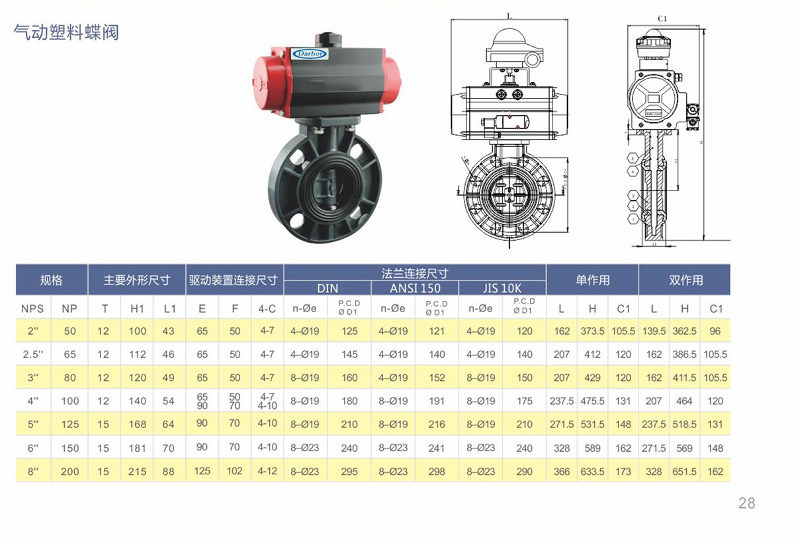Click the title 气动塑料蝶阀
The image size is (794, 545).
(66, 32)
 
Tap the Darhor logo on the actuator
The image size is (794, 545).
(310, 54)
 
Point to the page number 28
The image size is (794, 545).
(746, 503)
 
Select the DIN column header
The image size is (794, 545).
(327, 288)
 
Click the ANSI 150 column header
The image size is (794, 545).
(415, 288)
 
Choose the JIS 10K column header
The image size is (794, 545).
(502, 288)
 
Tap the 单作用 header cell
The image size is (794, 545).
(592, 280)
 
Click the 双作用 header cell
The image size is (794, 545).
(685, 280)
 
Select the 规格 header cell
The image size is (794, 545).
(52, 280)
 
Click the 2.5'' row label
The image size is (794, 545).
(33, 355)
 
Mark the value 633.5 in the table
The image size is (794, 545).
(592, 472)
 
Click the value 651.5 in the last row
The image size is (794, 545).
(684, 472)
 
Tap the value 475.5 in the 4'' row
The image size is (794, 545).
(592, 401)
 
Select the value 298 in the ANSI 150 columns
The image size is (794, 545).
(437, 472)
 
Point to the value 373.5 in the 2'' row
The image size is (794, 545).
(592, 331)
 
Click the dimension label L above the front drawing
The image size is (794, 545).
(509, 15)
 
